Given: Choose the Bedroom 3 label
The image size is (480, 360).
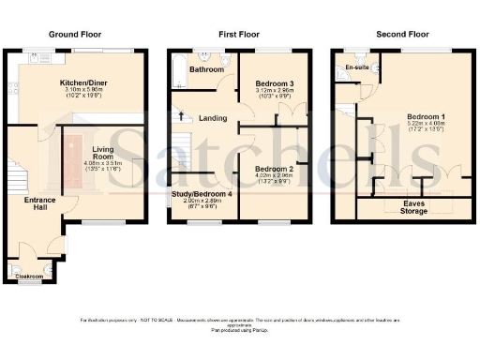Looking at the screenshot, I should tap(276, 84).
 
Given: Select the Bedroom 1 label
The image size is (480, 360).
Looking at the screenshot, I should tap(425, 118).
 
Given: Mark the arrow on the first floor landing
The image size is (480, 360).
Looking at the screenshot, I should tap(181, 116).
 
